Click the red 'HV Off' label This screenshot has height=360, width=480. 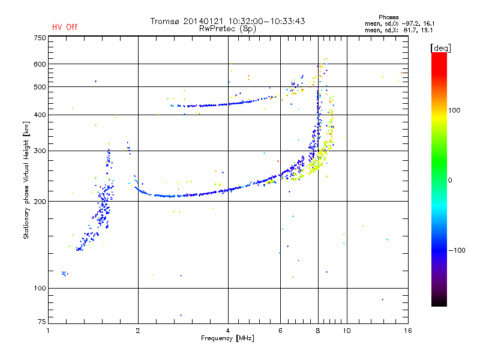point(65,27)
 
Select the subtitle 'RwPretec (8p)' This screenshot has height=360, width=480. point(227,29)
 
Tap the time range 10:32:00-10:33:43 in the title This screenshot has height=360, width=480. point(266,21)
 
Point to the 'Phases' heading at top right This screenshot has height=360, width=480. point(388,17)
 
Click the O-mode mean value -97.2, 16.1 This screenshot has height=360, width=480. point(418,23)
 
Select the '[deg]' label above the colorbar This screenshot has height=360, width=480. point(440,49)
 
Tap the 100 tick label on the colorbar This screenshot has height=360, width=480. point(454,110)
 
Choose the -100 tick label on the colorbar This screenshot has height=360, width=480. point(457,250)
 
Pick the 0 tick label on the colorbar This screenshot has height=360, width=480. point(450,181)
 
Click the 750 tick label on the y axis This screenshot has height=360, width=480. point(40,38)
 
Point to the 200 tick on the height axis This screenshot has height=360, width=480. point(40,202)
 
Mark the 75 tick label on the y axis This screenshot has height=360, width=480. point(42,322)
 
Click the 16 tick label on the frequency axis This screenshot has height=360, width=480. point(408,331)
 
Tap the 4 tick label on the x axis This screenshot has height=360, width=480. point(228,331)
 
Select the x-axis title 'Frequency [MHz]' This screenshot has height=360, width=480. point(227,338)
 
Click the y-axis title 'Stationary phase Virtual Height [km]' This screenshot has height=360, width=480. point(26,181)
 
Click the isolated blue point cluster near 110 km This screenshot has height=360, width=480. point(65,274)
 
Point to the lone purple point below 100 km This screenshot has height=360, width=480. point(382,299)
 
